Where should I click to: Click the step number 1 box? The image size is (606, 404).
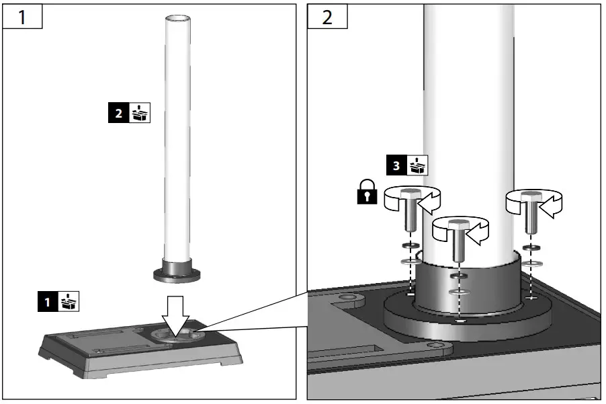22,17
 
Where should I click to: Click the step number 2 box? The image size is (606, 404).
327,17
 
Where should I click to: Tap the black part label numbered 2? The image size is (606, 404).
118,114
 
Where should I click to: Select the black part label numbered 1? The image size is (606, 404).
47,302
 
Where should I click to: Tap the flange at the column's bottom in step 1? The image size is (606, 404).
178,274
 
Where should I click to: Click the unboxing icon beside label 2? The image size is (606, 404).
140,114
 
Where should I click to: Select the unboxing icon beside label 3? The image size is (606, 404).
418,165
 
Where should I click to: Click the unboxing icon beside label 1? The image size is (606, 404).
69,302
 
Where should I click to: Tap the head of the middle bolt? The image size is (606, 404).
458,224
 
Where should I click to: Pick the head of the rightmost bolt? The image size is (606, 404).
533,196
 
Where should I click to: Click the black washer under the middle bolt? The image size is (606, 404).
459,276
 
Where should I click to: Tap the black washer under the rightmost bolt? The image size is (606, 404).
533,248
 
